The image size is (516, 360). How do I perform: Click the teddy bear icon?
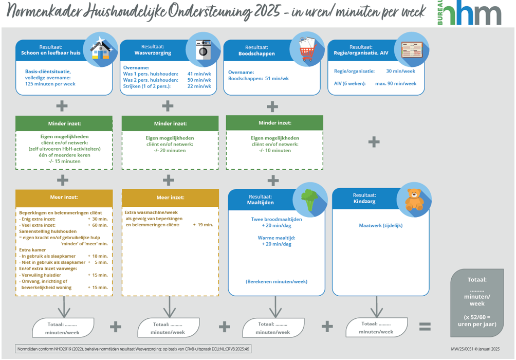click(414, 200)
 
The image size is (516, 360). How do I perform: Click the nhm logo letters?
click(473, 14)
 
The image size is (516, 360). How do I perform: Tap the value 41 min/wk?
click(199, 74)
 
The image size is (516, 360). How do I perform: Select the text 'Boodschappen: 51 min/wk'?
click(259, 79)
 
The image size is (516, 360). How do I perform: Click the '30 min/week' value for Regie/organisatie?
click(400, 71)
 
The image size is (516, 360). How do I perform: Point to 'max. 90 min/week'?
click(396, 83)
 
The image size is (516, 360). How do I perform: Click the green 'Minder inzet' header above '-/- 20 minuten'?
click(170, 123)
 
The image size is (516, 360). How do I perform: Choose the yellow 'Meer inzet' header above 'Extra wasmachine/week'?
click(170, 197)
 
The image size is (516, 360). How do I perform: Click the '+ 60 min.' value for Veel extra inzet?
click(98, 225)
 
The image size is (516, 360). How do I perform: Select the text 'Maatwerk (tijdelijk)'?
click(381, 225)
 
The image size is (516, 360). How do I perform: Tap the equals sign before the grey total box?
click(425, 327)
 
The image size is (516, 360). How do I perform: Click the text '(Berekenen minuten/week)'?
click(276, 281)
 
